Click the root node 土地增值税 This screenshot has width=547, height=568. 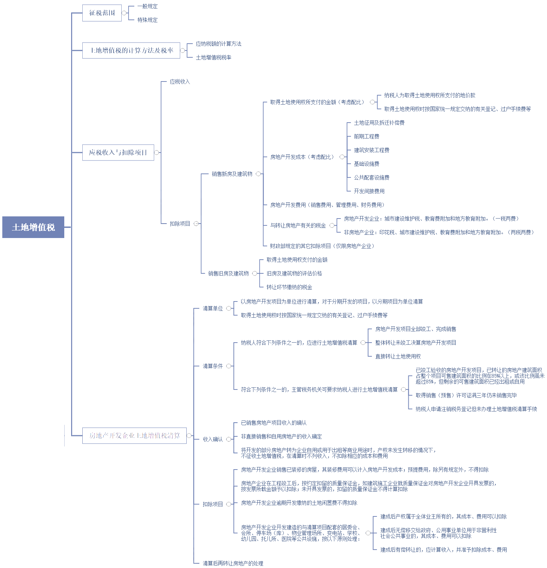click(x=33, y=227)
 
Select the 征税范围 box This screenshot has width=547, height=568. click(x=102, y=13)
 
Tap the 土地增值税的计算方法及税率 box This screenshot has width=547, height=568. click(x=131, y=50)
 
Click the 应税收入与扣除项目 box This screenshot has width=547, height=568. click(x=118, y=153)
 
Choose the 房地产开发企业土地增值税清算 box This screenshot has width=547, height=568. click(x=134, y=436)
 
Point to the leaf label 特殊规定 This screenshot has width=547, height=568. click(x=147, y=20)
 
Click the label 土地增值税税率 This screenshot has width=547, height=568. click(x=213, y=57)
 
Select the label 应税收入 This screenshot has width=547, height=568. click(x=180, y=82)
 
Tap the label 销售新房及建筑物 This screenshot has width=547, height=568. click(x=232, y=174)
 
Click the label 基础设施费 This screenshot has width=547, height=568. click(x=366, y=164)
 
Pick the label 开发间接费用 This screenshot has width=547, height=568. click(x=369, y=191)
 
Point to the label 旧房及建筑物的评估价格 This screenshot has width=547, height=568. click(x=294, y=273)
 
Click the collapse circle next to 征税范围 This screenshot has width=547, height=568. click(x=124, y=13)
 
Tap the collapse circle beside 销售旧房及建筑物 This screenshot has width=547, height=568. click(x=255, y=273)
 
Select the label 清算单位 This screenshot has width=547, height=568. click(x=213, y=308)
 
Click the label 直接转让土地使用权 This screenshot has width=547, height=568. click(x=398, y=356)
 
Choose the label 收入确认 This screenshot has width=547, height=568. click(x=213, y=439)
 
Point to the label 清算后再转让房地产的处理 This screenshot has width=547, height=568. click(x=233, y=563)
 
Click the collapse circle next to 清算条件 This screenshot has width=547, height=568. click(x=229, y=366)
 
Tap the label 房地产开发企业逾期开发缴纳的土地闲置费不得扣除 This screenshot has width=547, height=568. click(x=299, y=503)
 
